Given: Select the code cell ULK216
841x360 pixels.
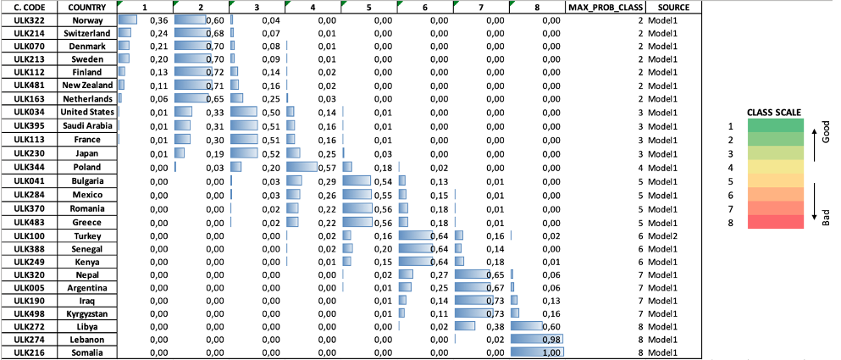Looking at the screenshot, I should (29, 352).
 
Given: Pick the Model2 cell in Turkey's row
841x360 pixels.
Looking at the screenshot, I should (663, 235).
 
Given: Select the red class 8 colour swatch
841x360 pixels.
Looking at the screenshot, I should (775, 221).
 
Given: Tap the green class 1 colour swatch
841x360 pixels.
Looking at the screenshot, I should (775, 125).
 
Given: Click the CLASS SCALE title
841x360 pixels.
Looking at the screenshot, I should (774, 112).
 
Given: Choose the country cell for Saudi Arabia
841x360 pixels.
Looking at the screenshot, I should (82, 125).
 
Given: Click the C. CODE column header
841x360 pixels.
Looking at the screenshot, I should (29, 7).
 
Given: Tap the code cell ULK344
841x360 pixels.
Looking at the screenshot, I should (29, 168).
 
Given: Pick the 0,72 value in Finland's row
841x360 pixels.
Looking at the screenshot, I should (215, 73).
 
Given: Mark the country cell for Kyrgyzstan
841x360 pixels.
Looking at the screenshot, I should (82, 313).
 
